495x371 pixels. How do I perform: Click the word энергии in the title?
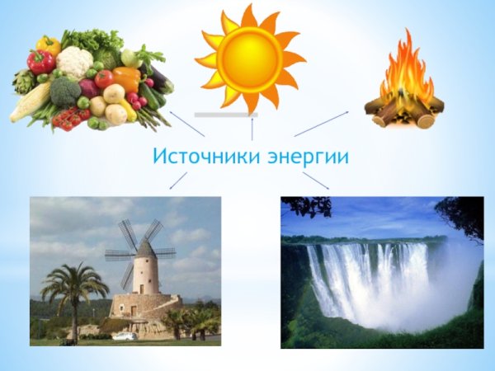309,156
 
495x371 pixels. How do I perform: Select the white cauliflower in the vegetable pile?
73,61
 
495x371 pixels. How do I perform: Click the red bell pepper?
39,61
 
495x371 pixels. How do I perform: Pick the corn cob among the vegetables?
30,101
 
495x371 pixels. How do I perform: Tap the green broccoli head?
65,90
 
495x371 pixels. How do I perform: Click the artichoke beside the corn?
22,81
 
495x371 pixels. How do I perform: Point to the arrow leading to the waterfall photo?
316,181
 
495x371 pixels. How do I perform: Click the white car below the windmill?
125,336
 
